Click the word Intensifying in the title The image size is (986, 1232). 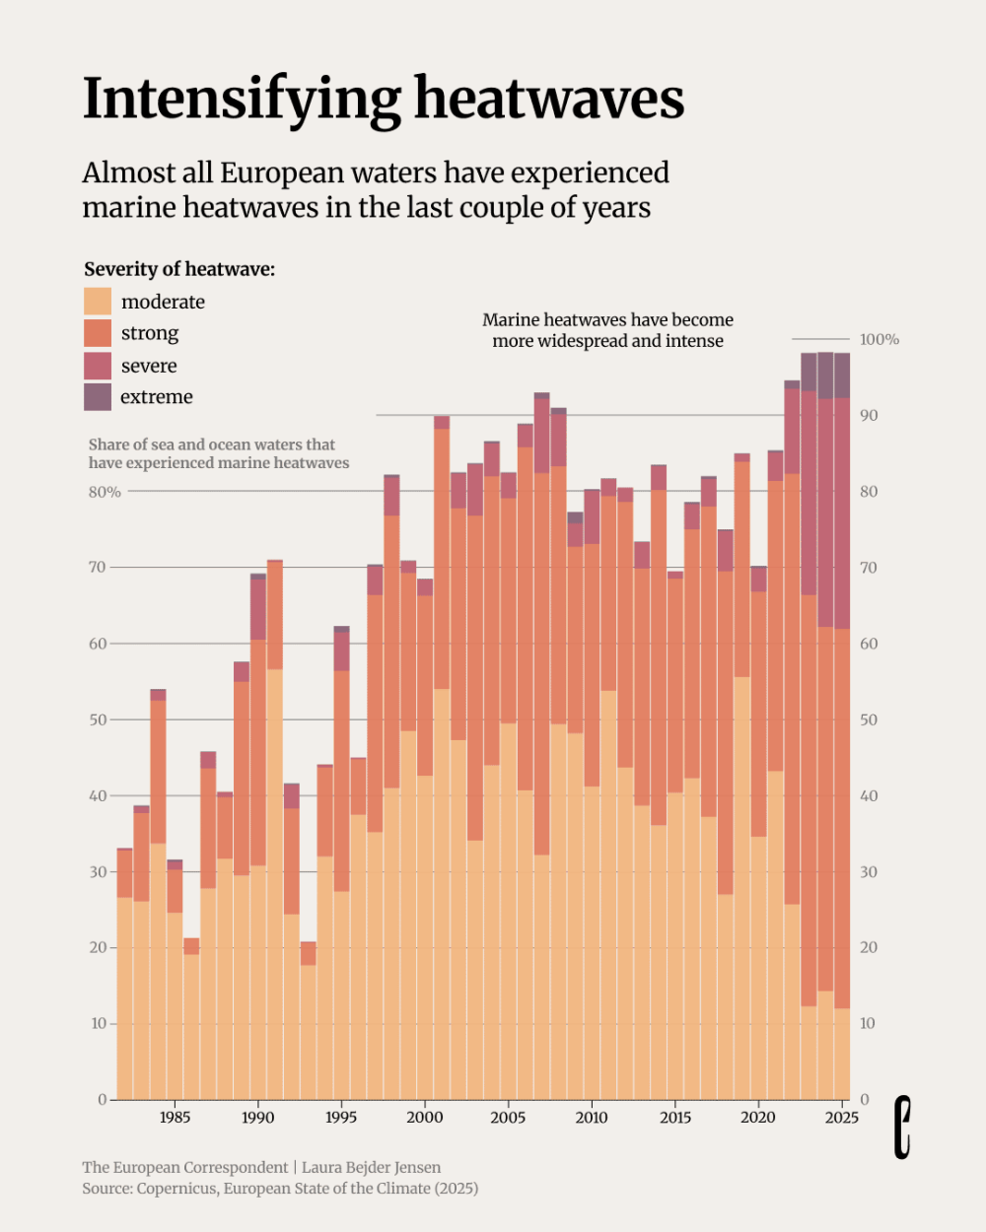point(242,99)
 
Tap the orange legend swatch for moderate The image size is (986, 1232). point(98,302)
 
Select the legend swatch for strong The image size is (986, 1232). point(98,333)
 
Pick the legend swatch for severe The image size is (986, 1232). point(98,366)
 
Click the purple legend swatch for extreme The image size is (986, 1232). point(98,397)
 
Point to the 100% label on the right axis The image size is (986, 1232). point(879,339)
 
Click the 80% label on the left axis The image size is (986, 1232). point(105,493)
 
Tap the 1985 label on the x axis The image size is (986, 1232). point(175,1117)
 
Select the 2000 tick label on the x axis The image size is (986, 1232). point(425,1117)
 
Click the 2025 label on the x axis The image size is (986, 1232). point(842,1117)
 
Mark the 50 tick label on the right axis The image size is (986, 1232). point(868,719)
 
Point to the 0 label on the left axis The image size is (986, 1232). point(103,1099)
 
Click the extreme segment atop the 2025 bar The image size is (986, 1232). point(842,376)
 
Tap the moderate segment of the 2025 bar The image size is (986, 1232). point(842,1054)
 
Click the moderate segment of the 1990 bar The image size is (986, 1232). point(257,982)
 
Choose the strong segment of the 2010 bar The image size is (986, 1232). point(592,665)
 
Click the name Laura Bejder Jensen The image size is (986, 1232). point(372,1167)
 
